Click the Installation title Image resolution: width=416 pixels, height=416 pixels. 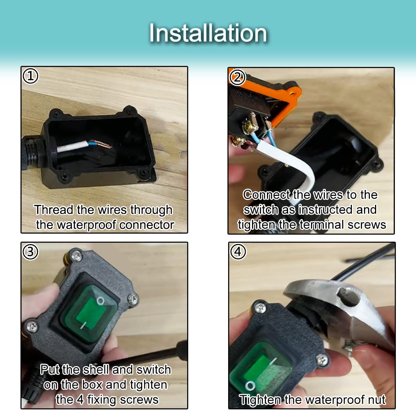point(208,33)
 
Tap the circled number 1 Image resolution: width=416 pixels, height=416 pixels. point(31,76)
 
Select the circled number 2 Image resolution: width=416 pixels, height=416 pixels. point(237,77)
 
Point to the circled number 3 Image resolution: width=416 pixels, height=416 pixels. point(31,252)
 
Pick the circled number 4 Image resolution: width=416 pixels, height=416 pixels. point(238,252)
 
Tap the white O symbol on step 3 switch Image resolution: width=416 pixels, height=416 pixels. point(101,301)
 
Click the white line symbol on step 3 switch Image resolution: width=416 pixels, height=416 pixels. point(83,325)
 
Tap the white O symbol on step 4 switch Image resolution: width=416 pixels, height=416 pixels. point(250,386)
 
